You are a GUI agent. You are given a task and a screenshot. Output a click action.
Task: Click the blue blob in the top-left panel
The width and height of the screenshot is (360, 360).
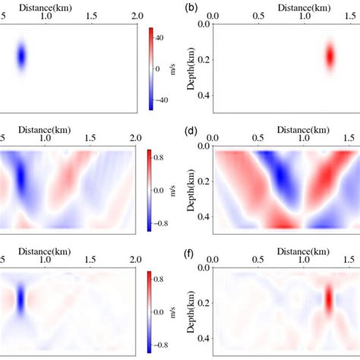21,56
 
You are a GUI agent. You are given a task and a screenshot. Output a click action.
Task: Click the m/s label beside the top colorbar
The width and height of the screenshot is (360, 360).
193,68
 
